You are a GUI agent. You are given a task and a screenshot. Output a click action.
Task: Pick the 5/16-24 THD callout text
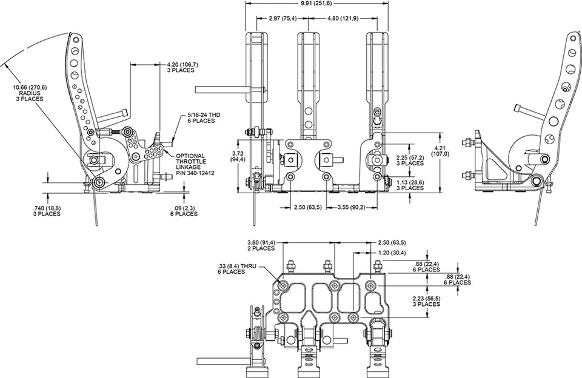click(x=204, y=115)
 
